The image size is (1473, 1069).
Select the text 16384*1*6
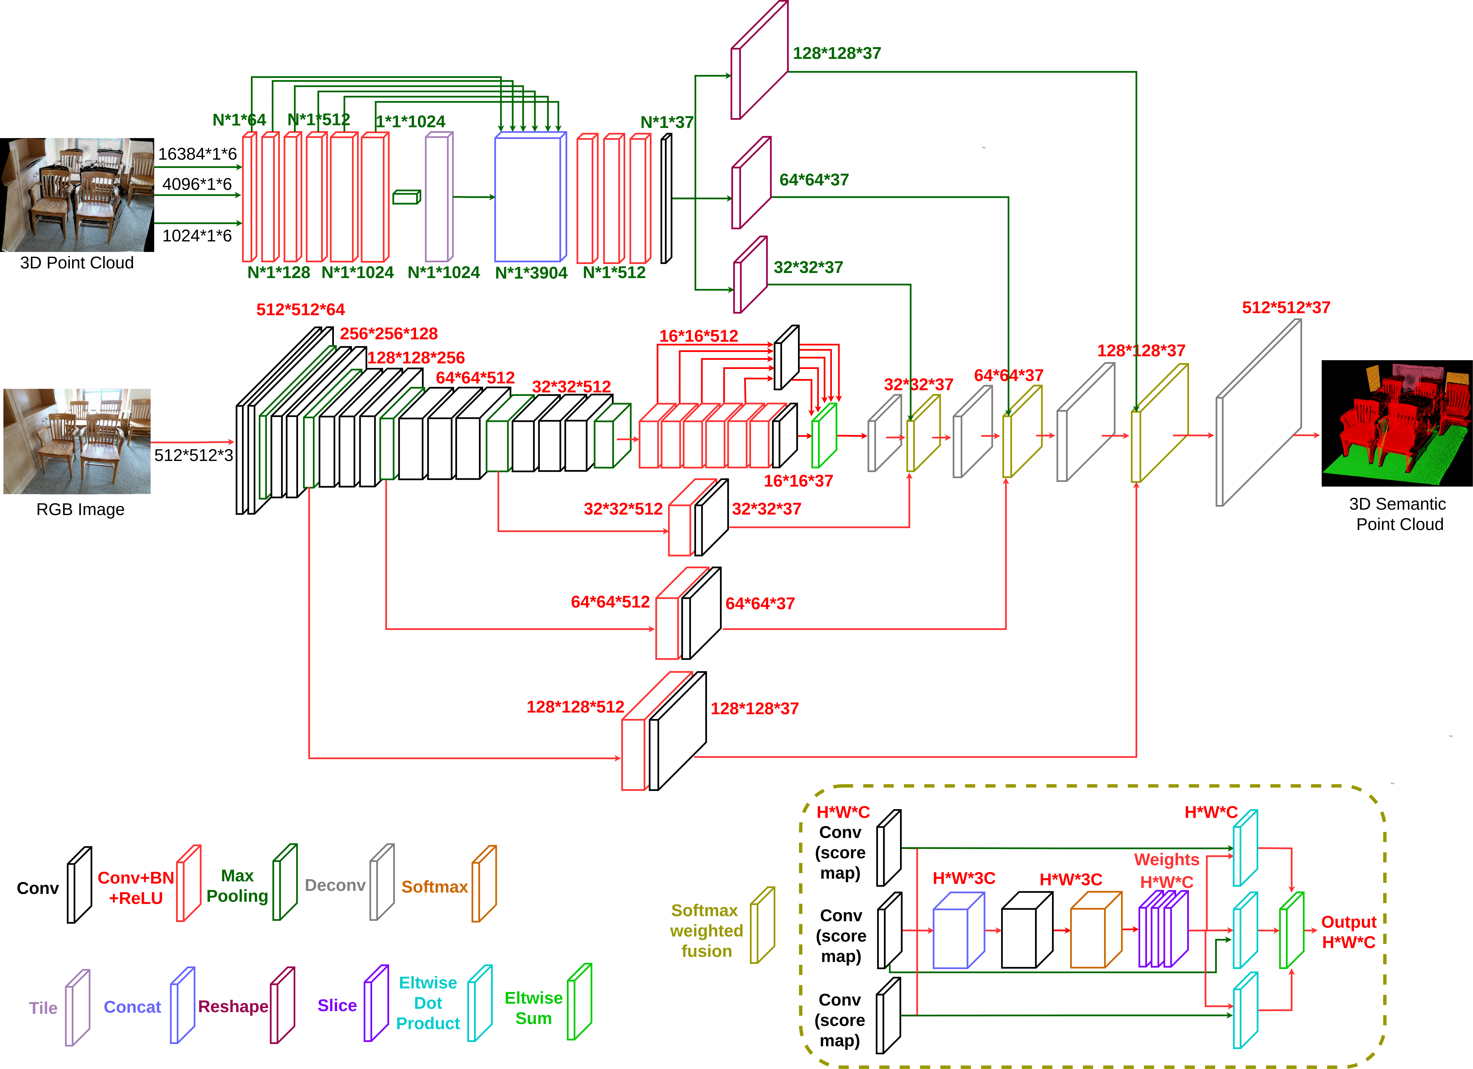pos(197,154)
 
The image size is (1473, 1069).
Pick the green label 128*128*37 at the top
pos(837,53)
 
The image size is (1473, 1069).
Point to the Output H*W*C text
pos(1348,932)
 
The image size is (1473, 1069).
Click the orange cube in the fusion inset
pos(1096,931)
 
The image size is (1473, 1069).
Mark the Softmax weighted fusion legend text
pos(706,931)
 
